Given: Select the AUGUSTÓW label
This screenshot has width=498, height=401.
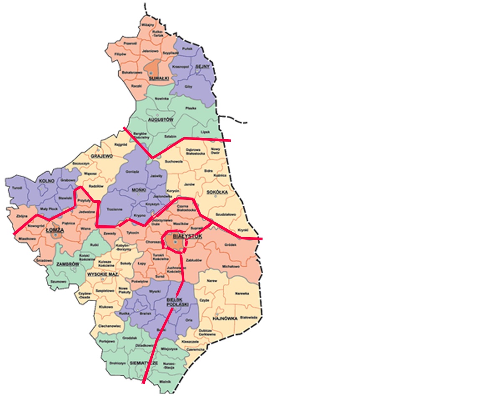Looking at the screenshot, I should point(160,119).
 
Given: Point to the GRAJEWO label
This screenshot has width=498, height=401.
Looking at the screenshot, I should point(102,156).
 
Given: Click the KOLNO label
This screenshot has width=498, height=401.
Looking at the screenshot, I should point(44,181).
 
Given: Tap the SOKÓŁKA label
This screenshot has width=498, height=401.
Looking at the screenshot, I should point(217,192).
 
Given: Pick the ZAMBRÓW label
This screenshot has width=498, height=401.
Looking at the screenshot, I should point(68,265).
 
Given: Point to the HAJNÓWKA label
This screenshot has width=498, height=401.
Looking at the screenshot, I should point(225,318).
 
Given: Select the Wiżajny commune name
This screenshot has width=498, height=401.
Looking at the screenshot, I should point(147,25).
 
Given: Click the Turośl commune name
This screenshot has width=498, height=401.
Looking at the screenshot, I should point(17,188).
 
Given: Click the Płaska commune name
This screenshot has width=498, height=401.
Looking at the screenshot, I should point(191,108).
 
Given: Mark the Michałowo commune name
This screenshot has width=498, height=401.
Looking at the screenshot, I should point(230,266).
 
